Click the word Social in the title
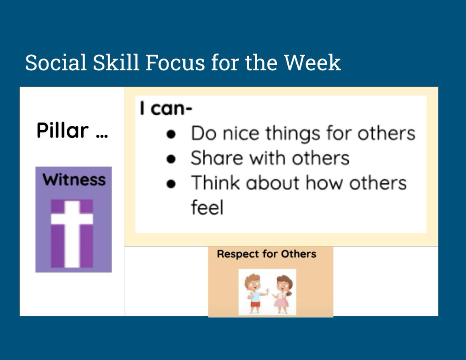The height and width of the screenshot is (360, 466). coord(56,63)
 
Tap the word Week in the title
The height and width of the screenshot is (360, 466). coord(312,63)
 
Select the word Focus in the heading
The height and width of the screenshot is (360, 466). coord(176,63)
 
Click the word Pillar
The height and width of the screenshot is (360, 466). coord(63,130)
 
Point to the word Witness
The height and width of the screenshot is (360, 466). coord(74,180)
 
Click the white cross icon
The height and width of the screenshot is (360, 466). coord(72,234)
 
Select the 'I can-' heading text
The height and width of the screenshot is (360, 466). coord(166,108)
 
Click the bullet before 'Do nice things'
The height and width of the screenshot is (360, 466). coord(171,134)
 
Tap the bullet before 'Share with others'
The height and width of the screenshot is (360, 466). coord(171,159)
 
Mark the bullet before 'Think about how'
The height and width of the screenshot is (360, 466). coord(171,184)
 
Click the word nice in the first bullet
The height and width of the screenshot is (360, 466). coord(241,133)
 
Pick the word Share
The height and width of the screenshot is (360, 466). coord(217,158)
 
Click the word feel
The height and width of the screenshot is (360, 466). coord(207,207)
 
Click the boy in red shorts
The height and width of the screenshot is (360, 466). coord(255,294)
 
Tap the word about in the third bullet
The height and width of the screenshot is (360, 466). coord(272,183)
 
